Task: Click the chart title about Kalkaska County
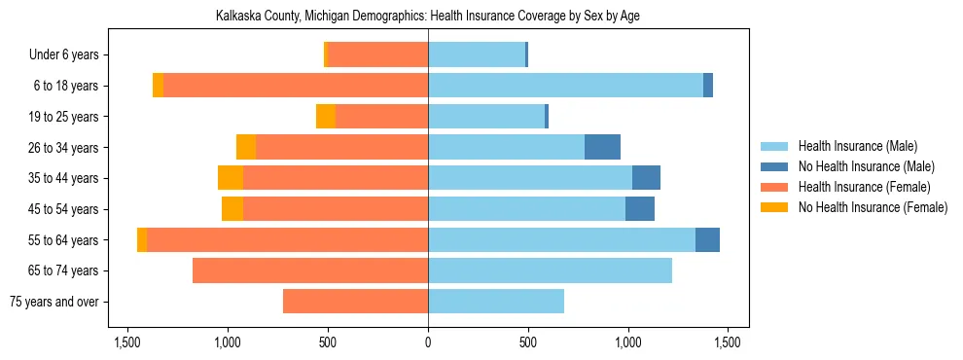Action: click(x=428, y=17)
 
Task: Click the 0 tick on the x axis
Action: click(x=428, y=342)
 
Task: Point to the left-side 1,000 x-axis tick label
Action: click(x=228, y=342)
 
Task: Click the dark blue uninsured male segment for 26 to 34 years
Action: click(x=602, y=147)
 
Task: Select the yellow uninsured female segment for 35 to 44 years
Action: click(x=231, y=178)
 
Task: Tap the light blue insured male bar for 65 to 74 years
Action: click(x=550, y=270)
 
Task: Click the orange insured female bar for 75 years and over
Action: click(x=355, y=302)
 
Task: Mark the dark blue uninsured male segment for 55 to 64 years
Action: click(x=707, y=240)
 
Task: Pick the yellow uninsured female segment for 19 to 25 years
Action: click(x=326, y=117)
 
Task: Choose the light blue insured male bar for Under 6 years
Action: click(x=477, y=55)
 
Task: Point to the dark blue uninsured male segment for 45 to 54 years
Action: click(x=640, y=209)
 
